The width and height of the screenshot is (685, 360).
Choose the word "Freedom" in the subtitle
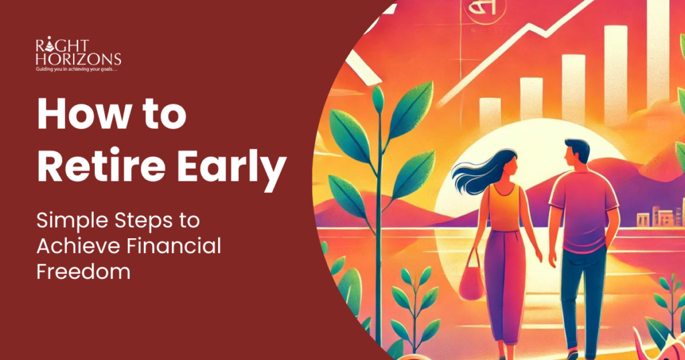83,272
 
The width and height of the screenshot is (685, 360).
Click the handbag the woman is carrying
472,281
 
